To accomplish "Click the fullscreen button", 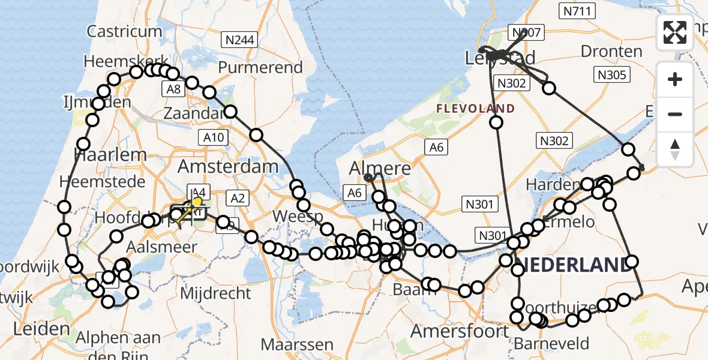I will (x=675, y=32).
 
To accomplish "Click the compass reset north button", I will (x=675, y=149).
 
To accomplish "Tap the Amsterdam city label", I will (x=227, y=166).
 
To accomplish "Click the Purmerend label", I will (x=260, y=67).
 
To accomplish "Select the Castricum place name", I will (x=124, y=31).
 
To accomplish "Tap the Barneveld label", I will (x=552, y=344).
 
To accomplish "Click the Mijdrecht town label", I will (x=215, y=293).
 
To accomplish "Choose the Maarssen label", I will (x=297, y=344).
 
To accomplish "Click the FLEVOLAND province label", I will (x=475, y=109).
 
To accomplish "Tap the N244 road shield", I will (x=239, y=40).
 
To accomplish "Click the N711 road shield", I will (x=577, y=11).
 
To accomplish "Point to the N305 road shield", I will (x=612, y=75).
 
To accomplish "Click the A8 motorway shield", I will (x=173, y=89).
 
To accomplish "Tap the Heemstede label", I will (x=107, y=181).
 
